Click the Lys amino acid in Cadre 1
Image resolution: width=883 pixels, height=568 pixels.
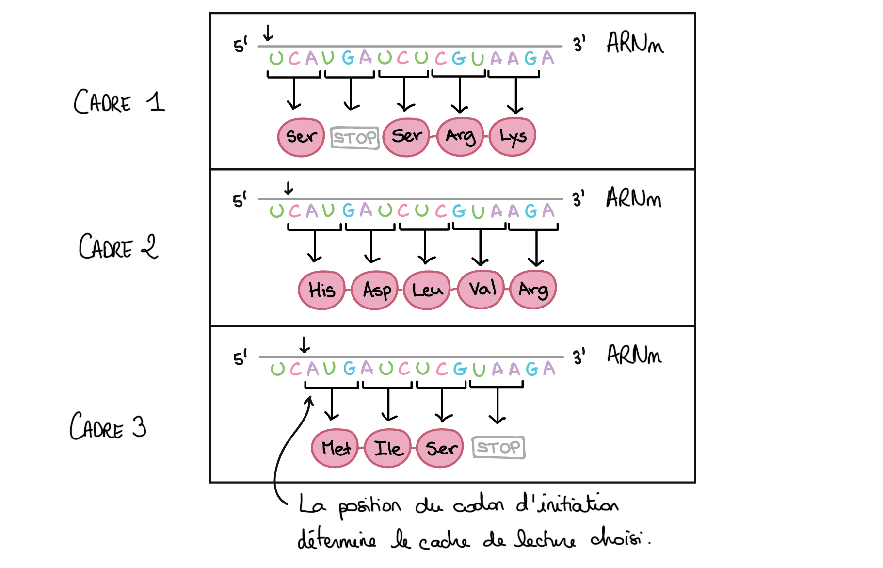click(513, 137)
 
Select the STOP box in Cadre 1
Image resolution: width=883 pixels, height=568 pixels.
click(354, 138)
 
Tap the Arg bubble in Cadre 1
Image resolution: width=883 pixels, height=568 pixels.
click(460, 137)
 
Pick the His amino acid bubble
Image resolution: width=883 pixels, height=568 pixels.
click(321, 290)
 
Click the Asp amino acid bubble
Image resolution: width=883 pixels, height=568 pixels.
click(375, 290)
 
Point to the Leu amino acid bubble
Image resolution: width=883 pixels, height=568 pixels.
click(427, 290)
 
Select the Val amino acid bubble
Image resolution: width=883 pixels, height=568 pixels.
click(481, 289)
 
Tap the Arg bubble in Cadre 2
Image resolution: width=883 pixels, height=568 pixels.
click(533, 290)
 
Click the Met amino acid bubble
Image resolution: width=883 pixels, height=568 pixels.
click(335, 448)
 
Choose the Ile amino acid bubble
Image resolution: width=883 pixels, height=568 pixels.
click(388, 448)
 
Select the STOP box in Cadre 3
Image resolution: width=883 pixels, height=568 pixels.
click(498, 447)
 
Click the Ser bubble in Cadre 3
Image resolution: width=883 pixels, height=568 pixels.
click(440, 448)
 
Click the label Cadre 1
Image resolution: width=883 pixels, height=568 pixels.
click(119, 102)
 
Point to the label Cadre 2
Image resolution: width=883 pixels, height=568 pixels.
click(118, 246)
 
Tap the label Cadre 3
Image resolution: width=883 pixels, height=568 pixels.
click(108, 427)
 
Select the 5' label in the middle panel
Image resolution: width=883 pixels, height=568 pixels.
click(240, 199)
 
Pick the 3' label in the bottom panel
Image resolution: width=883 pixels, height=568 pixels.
click(579, 357)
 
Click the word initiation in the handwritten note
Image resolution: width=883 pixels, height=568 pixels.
click(567, 504)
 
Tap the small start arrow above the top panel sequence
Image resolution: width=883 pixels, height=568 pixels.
click(268, 33)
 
